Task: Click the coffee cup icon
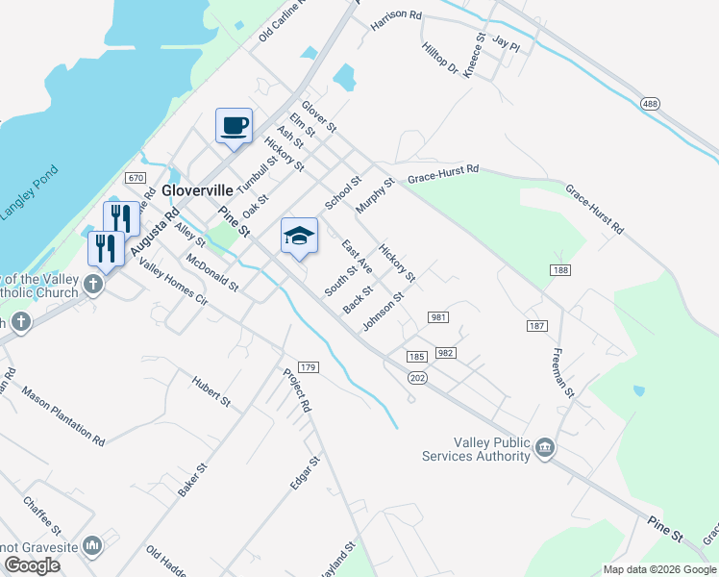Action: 234,126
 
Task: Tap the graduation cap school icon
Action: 299,236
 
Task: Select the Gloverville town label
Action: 199,177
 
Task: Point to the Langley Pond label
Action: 29,193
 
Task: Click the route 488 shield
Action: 651,102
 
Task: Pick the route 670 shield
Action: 135,178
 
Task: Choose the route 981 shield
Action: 438,317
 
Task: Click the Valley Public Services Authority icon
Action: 544,447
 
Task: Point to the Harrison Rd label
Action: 396,16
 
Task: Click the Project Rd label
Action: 297,390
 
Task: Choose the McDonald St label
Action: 211,274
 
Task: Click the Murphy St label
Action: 375,195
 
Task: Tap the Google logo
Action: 32,565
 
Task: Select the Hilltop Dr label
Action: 440,59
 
